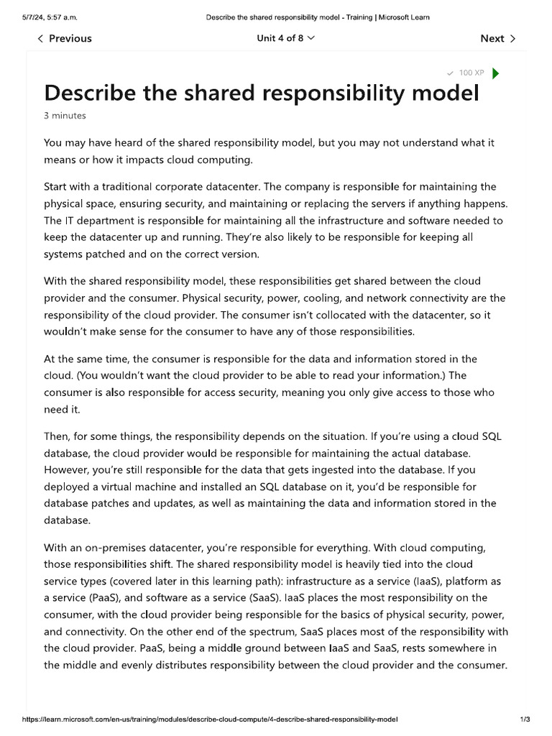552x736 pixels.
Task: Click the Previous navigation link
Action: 65,39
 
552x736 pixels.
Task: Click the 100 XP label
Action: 471,73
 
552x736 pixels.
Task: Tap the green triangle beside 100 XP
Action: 496,73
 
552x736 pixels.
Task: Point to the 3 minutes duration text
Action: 65,116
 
